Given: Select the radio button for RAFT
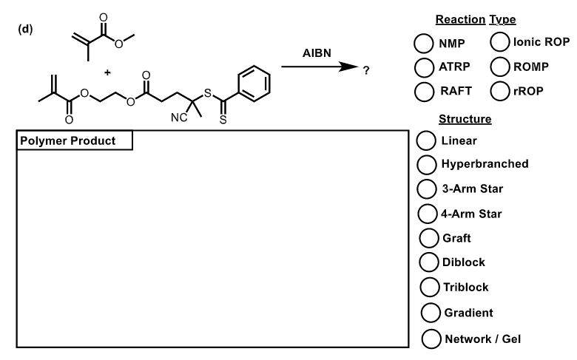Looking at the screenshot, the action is pos(424,91).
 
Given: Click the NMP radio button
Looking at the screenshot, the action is pos(423,44).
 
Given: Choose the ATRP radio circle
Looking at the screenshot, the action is pos(424,67).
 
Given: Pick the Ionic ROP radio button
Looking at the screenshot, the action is pos(500,41).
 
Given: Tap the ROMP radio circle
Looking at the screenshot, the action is pos(500,67).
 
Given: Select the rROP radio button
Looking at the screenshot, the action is pos(500,91).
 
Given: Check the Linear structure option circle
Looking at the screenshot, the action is pos(426,140).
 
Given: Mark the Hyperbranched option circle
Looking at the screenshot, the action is pos(427,164).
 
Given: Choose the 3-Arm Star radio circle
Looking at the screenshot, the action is pos(427,189).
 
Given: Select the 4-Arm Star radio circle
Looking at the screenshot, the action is pos(428,214).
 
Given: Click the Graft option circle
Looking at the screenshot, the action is pos(429,238).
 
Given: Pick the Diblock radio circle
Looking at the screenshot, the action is pos(429,262).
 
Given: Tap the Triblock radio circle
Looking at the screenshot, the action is pos(430,287).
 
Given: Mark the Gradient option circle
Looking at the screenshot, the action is pos(431,313).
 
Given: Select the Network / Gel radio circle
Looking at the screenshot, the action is pos(431,339).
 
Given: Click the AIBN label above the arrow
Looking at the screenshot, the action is pos(317,53).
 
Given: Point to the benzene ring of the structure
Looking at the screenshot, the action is pos(254,84).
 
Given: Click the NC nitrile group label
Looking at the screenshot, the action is pos(179,118).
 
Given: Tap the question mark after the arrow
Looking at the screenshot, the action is pos(365,71).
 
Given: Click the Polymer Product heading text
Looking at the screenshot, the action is pos(68,141).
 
